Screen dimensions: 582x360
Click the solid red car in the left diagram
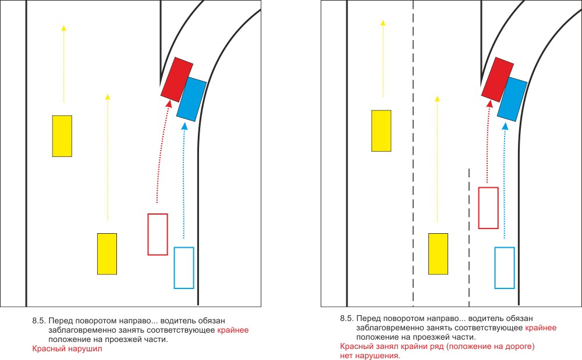click(176, 78)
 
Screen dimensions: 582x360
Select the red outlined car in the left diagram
click(158, 234)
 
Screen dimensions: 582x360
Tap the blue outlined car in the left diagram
click(184, 268)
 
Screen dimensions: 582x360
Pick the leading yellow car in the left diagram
click(62, 136)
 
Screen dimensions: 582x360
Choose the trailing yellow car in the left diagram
click(107, 254)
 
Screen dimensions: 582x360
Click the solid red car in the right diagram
click(497, 79)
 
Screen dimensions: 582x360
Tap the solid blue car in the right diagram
click(513, 99)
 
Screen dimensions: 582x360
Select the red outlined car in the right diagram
click(488, 208)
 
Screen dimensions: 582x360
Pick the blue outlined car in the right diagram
click(505, 268)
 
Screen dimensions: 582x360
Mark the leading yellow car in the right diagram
click(381, 130)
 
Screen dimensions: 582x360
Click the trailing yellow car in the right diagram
click(438, 254)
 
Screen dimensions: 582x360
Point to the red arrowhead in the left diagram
click(169, 104)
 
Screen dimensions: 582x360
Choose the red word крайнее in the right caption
click(541, 328)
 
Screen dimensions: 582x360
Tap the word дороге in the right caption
click(515, 347)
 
